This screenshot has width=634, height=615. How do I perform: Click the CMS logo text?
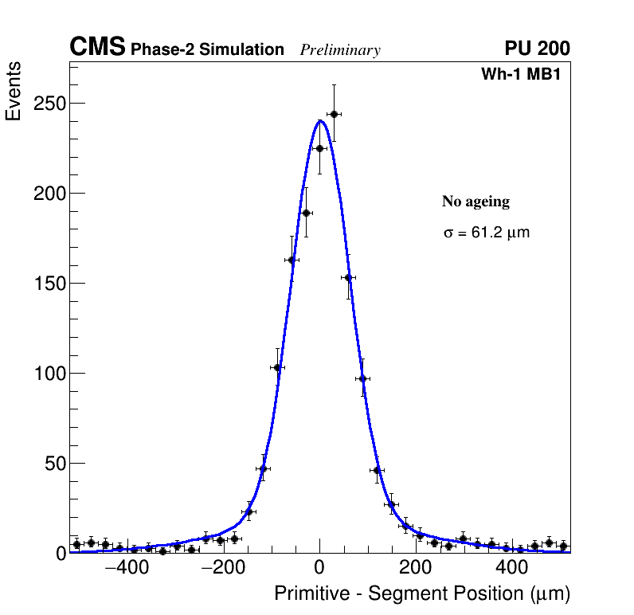tap(97, 48)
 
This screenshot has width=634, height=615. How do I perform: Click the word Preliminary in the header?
tap(340, 50)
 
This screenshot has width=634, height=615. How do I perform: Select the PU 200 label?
tap(537, 49)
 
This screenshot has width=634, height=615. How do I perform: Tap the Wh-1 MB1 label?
tap(525, 74)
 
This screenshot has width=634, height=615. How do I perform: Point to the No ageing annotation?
tap(475, 202)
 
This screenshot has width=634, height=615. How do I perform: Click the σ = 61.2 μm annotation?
tap(486, 233)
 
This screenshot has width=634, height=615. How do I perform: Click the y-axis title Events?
tap(14, 92)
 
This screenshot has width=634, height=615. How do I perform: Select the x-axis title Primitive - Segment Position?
tap(422, 594)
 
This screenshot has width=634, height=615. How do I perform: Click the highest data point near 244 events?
tap(334, 114)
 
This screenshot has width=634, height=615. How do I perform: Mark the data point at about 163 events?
tap(292, 260)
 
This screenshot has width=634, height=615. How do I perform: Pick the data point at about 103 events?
tap(277, 367)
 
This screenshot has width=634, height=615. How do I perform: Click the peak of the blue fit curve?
tap(319, 121)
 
